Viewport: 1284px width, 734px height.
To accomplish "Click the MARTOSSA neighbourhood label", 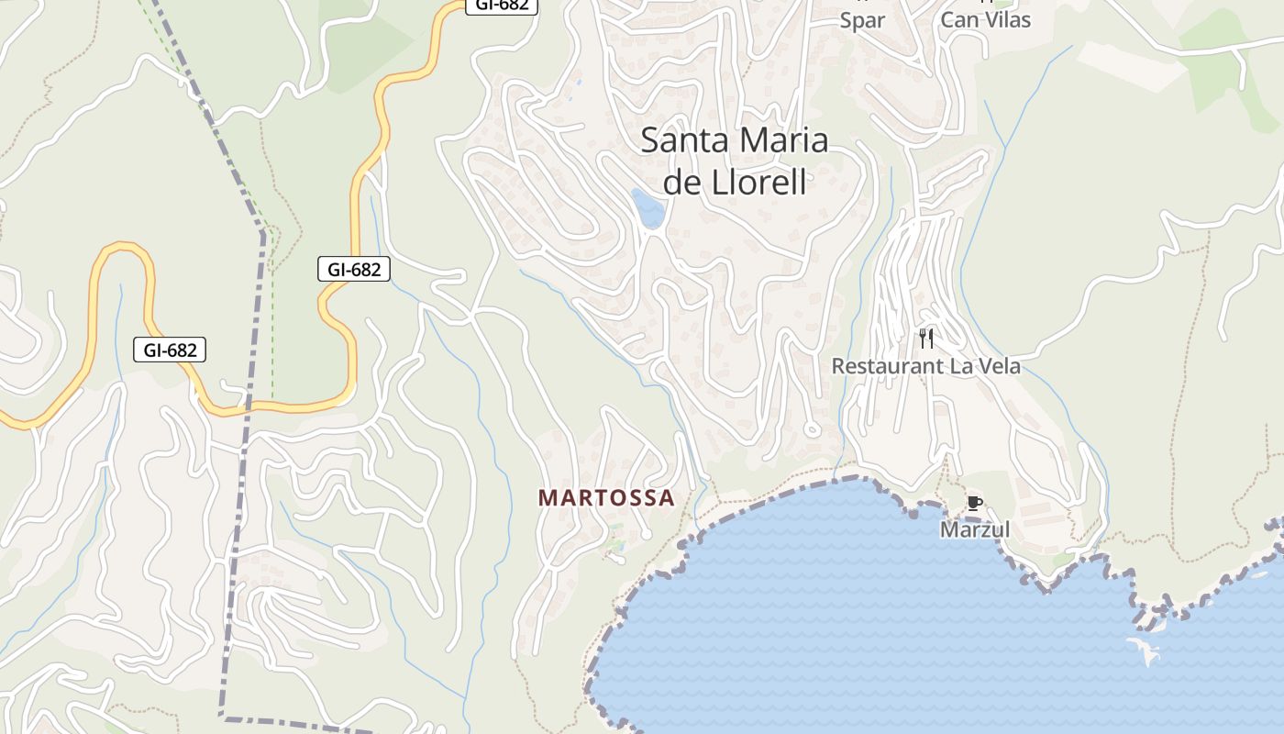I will pos(606,498).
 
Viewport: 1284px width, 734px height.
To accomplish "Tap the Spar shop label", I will pos(862,20).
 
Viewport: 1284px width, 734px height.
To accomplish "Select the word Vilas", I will pos(1006,20).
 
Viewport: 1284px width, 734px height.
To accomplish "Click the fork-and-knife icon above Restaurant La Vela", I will pos(926,339).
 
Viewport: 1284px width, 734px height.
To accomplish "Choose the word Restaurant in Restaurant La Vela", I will pos(886,366).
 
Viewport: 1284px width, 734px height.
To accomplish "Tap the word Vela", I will pos(998,366).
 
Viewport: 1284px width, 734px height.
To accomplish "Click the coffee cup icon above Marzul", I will pos(974,503).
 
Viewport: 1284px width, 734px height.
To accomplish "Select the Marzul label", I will pos(974,530).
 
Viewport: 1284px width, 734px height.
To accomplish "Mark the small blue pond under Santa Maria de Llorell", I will pos(648,208).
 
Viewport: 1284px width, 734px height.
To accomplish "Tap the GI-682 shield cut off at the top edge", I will pos(501,5).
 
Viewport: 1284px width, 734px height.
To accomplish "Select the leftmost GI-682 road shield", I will pos(170,350).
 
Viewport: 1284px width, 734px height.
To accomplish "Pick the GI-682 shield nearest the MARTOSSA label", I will pos(354,270).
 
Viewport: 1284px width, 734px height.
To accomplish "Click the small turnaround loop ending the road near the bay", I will pos(811,428).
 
